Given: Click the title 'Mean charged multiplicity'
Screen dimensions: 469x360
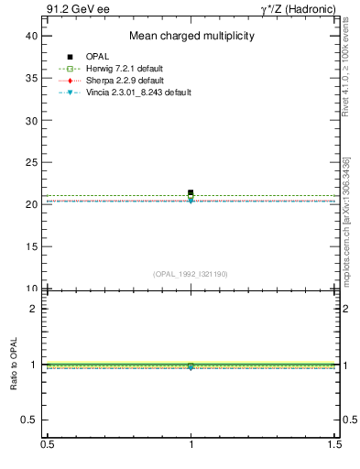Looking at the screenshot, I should click(191, 37).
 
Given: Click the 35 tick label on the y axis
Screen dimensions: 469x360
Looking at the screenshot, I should click(33, 78).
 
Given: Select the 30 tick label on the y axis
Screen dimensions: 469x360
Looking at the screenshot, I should click(33, 120).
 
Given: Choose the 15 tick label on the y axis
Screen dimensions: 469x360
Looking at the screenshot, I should click(33, 246).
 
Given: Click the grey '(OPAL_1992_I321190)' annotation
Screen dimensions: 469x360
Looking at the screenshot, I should click(191, 274).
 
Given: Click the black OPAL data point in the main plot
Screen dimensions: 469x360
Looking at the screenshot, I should click(191, 193).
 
